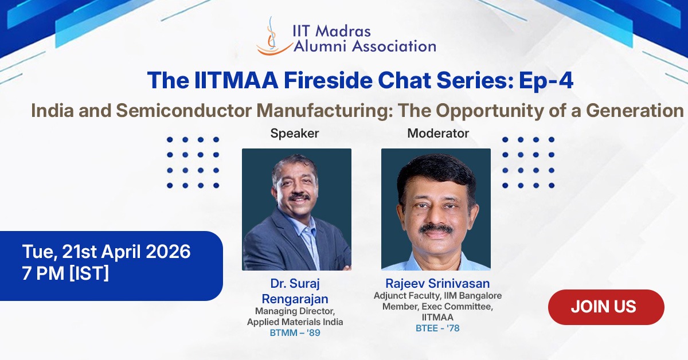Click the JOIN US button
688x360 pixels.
[x=606, y=307]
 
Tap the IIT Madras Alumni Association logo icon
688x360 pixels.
[x=273, y=37]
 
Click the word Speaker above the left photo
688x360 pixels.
[x=294, y=134]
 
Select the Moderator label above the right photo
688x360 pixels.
[x=438, y=134]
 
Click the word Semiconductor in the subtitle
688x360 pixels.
[x=190, y=109]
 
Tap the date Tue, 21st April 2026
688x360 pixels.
[x=107, y=252]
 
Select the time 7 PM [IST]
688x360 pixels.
[x=65, y=273]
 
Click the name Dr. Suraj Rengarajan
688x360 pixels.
[x=295, y=291]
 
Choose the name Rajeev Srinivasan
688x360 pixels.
[x=437, y=284]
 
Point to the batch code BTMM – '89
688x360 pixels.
[x=295, y=332]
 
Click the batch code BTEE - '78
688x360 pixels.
[x=437, y=328]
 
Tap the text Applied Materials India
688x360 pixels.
[x=295, y=322]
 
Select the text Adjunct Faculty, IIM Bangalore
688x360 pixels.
[x=437, y=296]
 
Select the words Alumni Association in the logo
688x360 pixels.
[x=365, y=46]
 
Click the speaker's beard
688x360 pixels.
[x=299, y=204]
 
